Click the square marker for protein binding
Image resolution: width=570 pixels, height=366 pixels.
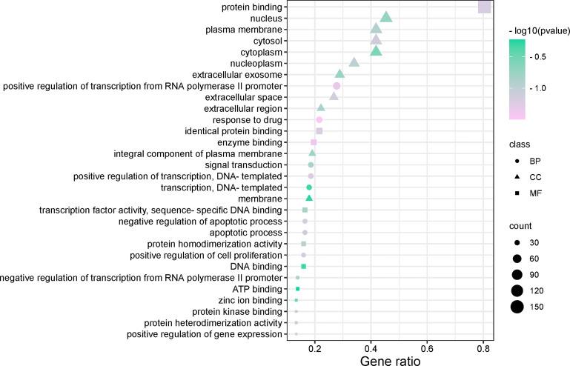484,7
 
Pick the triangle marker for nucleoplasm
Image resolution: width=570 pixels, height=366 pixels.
354,62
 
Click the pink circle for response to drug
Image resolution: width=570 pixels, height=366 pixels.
319,119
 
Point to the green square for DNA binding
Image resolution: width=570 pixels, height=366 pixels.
304,266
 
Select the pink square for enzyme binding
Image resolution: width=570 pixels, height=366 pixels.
314,142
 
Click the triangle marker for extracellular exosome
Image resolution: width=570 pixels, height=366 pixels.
339,74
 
